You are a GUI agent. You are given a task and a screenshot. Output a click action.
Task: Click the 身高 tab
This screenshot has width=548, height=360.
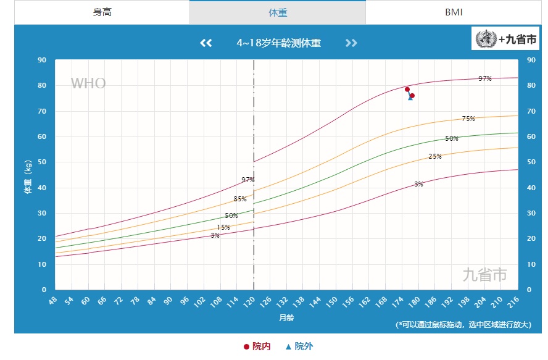(102, 12)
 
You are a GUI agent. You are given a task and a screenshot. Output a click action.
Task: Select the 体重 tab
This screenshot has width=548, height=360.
(278, 12)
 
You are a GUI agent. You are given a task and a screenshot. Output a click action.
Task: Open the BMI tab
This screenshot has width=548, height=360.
(454, 12)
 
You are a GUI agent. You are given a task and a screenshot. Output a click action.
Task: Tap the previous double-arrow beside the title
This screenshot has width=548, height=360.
(206, 43)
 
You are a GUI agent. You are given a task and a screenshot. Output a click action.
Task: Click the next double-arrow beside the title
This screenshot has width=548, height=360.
(351, 43)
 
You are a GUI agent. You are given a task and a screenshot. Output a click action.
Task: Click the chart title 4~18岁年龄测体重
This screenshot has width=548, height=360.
(278, 43)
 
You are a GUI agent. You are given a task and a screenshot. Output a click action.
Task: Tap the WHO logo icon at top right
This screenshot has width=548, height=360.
(486, 39)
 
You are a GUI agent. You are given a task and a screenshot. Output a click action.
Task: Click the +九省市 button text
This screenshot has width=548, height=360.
(517, 39)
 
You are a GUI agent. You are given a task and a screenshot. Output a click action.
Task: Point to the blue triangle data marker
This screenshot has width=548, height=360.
(410, 98)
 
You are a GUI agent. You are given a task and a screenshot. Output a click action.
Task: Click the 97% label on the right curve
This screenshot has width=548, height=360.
(485, 78)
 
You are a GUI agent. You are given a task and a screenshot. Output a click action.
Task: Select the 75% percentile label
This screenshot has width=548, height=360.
(468, 119)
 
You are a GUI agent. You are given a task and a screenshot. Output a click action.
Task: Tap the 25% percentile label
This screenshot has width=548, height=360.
(435, 156)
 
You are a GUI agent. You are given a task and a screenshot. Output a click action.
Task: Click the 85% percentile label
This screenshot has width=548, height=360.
(240, 199)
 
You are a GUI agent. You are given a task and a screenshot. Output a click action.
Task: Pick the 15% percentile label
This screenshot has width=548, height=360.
(223, 227)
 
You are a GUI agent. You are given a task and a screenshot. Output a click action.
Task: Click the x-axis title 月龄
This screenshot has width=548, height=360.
(286, 317)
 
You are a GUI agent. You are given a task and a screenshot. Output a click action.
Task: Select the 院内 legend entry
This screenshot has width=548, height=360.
(257, 346)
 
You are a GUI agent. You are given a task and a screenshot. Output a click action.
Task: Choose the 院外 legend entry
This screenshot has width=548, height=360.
(299, 346)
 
